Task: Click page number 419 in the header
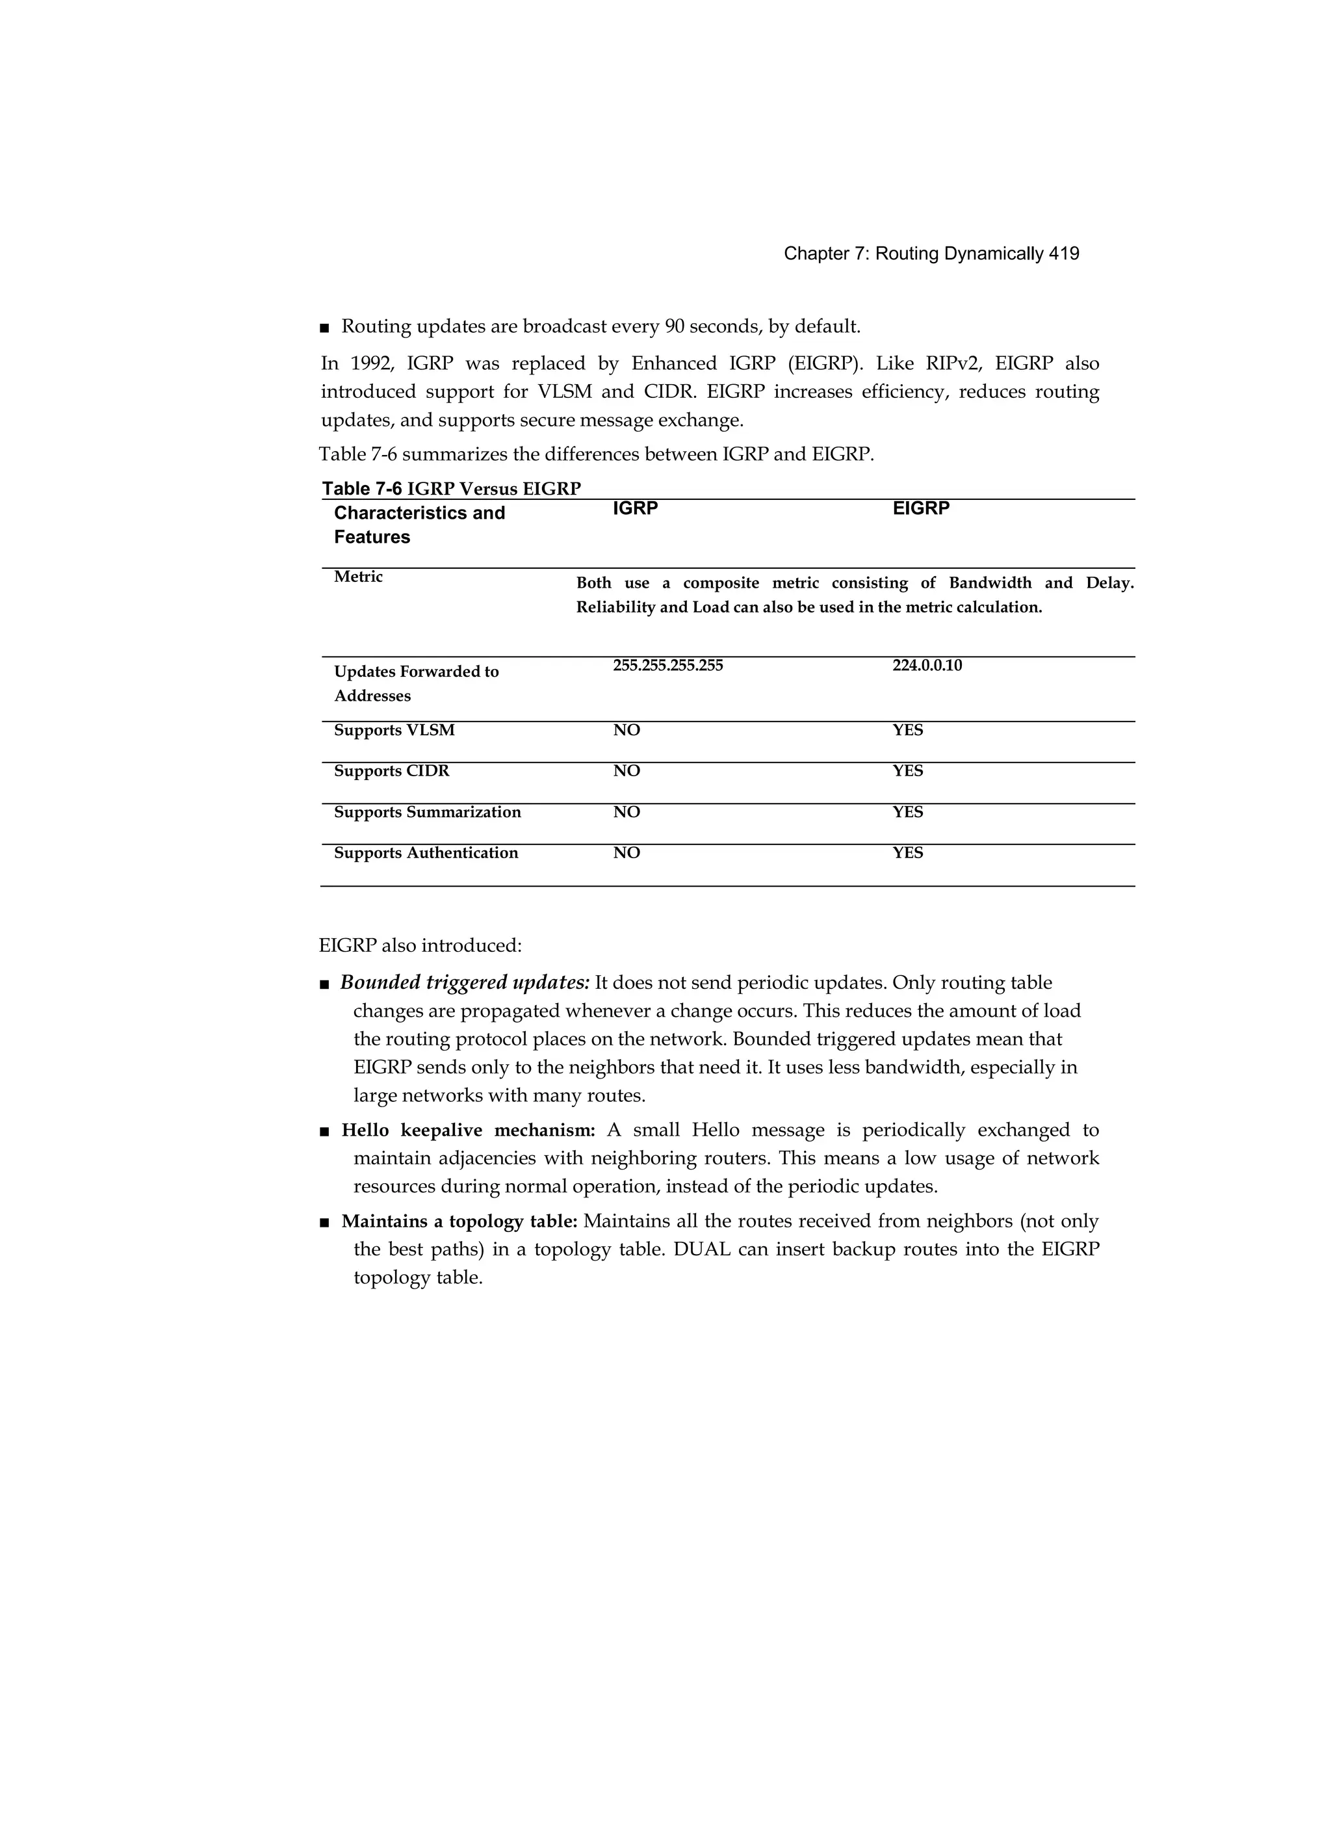[1064, 254]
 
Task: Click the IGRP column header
[635, 508]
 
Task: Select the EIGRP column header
[921, 508]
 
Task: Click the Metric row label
[358, 577]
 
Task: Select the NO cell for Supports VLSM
[626, 730]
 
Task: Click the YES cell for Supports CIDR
[907, 772]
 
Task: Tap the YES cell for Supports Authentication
[907, 853]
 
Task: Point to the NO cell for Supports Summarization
[626, 812]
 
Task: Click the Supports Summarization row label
[427, 812]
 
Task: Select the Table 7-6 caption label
[362, 489]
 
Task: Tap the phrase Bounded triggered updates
[465, 983]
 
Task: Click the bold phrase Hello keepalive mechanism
[469, 1130]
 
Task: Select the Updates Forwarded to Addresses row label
[416, 683]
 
